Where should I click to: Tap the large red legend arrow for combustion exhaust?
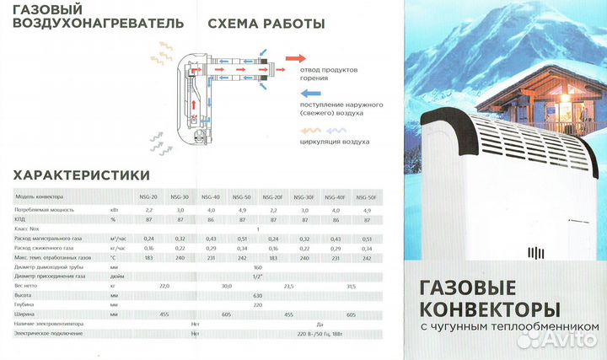pos(295,58)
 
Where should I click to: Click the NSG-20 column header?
pos(148,196)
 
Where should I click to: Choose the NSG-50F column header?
pos(366,196)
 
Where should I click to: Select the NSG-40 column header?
pos(210,196)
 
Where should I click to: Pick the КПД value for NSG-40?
pos(210,218)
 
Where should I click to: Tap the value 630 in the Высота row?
pos(257,295)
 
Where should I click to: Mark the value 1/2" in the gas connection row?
pos(257,275)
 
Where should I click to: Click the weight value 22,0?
pos(164,285)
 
